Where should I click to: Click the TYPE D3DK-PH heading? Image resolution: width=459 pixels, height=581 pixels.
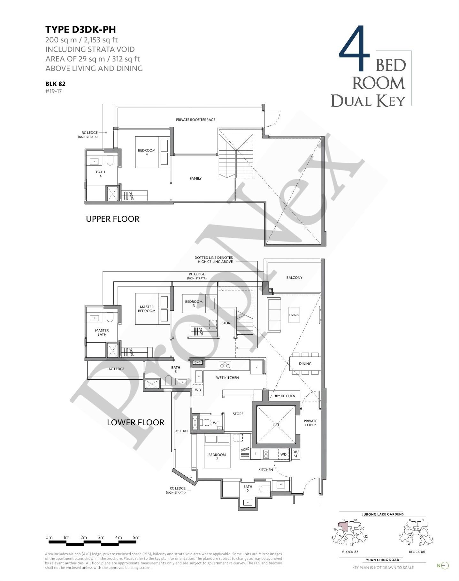point(80,30)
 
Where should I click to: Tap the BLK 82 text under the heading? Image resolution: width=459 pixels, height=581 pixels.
point(55,84)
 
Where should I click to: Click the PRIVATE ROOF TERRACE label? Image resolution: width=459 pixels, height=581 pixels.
point(195,120)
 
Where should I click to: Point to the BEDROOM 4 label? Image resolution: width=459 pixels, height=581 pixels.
point(147,152)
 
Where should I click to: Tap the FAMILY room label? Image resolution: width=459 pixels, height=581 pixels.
point(195,178)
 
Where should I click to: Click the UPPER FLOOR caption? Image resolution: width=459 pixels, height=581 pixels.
point(113,219)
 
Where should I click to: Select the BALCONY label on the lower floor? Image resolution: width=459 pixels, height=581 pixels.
point(294,278)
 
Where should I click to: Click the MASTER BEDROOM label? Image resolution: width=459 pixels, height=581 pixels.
point(147,309)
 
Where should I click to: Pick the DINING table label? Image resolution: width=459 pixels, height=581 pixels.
point(305,364)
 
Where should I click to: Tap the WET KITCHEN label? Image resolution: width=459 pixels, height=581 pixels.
point(227,378)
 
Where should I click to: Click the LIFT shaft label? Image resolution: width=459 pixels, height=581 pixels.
point(276,425)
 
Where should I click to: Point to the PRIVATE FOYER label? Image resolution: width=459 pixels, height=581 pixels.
point(310,423)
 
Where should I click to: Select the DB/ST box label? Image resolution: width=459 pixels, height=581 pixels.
point(295,454)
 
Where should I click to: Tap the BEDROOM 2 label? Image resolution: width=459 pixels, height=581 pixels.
point(217,457)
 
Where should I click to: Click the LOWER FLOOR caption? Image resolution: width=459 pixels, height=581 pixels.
point(135,422)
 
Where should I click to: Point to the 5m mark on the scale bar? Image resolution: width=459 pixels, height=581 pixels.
point(136,537)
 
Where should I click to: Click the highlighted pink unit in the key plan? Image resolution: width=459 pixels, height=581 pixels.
point(343,526)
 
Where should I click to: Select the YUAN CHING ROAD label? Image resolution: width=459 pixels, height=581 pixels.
point(383,560)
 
